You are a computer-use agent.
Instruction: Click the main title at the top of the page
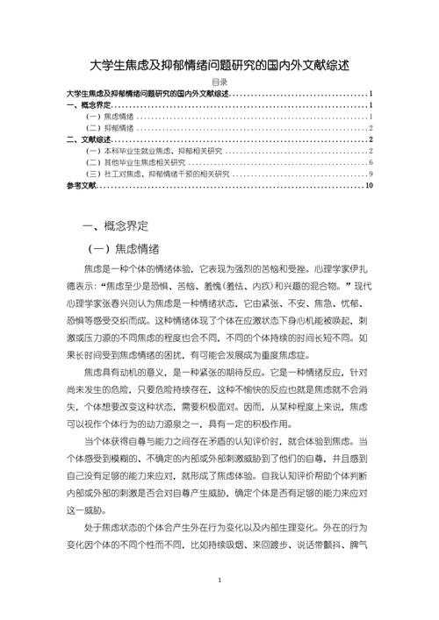tap(219, 66)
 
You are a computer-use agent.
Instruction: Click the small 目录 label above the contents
tap(219, 82)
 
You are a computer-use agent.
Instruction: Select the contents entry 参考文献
tap(81, 186)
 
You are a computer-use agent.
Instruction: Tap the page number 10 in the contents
tap(370, 186)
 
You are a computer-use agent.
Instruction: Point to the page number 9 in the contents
tap(371, 175)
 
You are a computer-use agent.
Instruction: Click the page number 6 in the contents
tap(371, 163)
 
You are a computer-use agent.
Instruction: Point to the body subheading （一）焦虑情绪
tap(133, 249)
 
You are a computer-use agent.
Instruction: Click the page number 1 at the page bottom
tap(219, 581)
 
